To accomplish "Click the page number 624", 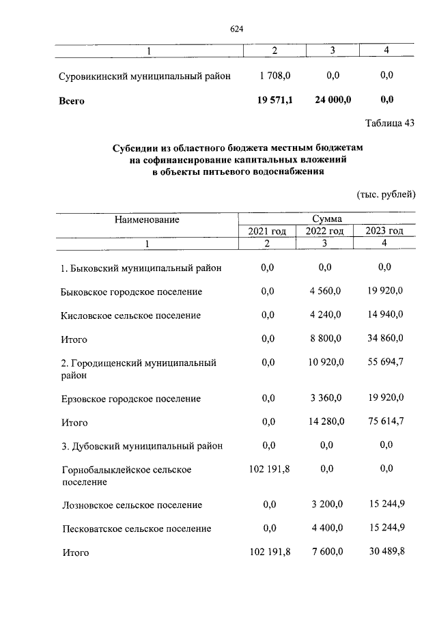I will pos(237,29).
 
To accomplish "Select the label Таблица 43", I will pos(390,124).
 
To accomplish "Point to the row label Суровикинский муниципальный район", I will pos(145,76).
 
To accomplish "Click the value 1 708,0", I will pos(274,76).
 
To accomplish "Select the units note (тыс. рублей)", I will pos(386,195).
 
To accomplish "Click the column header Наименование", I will pos(147,219).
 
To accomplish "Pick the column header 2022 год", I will pos(324,231).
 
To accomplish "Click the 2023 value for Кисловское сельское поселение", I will pos(386,315).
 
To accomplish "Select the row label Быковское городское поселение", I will pos(131,292).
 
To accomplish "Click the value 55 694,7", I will pos(386,363).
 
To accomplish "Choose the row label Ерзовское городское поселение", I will pos(130,398).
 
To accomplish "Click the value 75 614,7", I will pos(386,422).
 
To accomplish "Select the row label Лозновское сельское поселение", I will pos(131,505).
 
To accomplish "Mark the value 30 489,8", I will pos(386,552).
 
